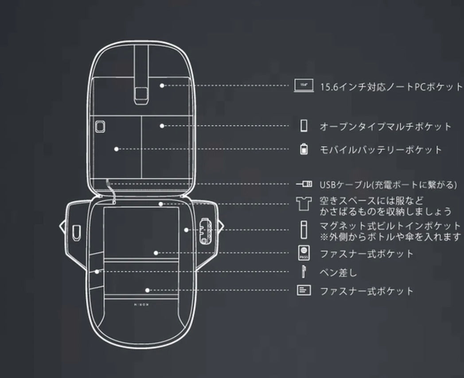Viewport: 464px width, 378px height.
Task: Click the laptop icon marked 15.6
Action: point(304,86)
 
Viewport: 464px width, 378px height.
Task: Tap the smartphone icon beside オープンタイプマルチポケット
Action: point(304,126)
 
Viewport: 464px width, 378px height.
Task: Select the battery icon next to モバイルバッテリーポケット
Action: point(304,149)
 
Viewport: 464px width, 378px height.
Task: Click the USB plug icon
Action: point(304,184)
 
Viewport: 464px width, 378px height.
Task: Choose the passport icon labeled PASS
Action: point(304,253)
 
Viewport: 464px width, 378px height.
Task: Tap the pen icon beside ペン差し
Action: point(304,271)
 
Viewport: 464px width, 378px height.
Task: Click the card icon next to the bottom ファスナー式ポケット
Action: point(304,291)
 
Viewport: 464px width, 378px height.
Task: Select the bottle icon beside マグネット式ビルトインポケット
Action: point(304,230)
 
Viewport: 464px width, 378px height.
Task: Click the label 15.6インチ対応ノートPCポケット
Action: point(391,86)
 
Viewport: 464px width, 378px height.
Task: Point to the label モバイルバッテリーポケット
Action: point(381,150)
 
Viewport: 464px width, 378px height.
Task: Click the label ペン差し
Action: point(338,272)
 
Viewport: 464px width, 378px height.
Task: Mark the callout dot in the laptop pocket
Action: point(162,85)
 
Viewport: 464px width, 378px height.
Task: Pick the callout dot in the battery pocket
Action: point(116,149)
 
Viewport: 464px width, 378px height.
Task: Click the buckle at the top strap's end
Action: point(142,93)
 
